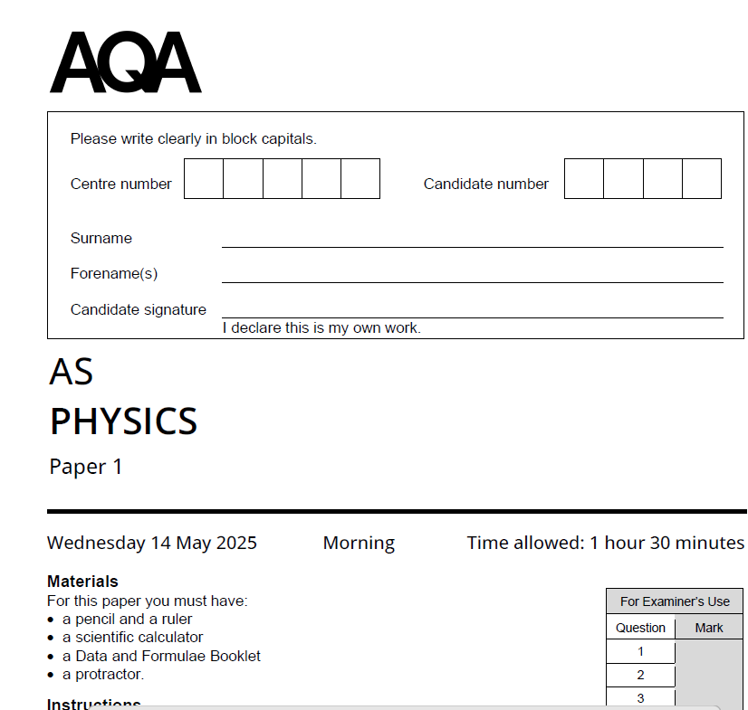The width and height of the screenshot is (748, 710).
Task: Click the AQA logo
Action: (x=125, y=62)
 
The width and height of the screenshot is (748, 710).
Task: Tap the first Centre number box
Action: (x=204, y=179)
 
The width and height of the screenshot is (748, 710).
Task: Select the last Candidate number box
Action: (x=702, y=179)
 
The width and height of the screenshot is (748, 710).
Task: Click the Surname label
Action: (x=101, y=238)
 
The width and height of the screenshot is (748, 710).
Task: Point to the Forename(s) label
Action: (x=114, y=273)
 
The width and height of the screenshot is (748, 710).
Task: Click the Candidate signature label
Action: (x=139, y=309)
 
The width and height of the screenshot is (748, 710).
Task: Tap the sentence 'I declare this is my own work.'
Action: (x=321, y=327)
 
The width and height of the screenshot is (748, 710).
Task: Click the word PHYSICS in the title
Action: (x=123, y=421)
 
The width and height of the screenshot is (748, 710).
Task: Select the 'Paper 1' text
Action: (x=86, y=467)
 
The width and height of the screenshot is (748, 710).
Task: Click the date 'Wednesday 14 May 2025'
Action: (x=152, y=543)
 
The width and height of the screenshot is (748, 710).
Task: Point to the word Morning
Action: (x=359, y=543)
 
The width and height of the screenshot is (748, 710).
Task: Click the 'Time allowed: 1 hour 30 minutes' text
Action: (x=605, y=543)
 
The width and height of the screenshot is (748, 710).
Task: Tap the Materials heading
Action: (x=82, y=582)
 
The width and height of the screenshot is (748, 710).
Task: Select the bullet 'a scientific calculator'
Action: (x=132, y=637)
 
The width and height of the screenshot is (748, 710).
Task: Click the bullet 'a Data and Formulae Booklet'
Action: (x=161, y=656)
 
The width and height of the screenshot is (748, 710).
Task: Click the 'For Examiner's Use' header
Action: (x=675, y=601)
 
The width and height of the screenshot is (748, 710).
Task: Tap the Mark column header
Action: (x=709, y=628)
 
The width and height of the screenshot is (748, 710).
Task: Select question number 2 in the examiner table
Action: (x=641, y=675)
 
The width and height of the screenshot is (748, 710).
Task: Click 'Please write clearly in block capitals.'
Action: (x=194, y=139)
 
